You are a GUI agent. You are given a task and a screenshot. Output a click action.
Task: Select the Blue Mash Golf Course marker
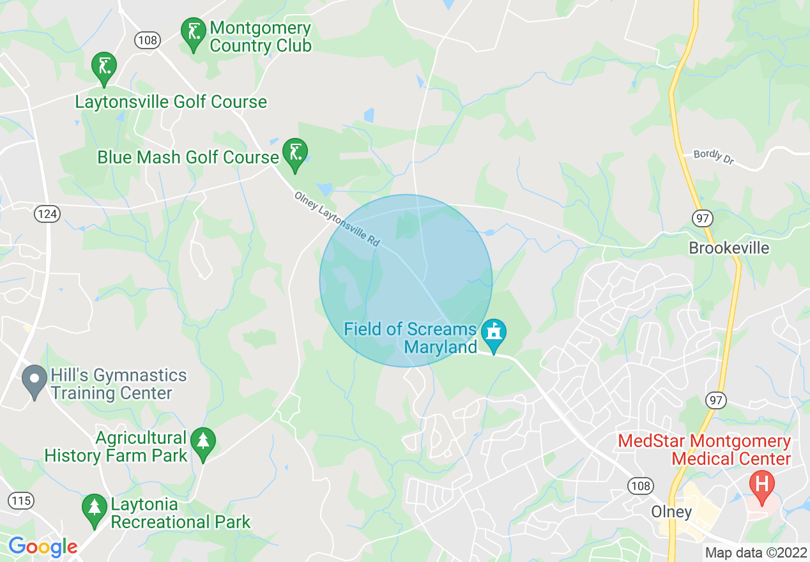click(x=295, y=153)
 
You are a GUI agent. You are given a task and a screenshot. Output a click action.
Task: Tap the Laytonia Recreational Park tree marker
click(x=95, y=508)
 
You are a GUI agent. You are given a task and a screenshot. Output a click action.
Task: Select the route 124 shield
click(x=48, y=214)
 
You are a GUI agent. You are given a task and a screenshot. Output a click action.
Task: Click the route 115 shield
click(x=22, y=500)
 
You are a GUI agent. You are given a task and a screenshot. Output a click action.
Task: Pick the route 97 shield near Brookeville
click(x=701, y=218)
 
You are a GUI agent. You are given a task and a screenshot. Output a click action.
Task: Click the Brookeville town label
click(x=729, y=248)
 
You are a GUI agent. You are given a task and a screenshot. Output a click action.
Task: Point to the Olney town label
click(x=671, y=512)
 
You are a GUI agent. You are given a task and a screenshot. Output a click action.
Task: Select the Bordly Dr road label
click(x=714, y=157)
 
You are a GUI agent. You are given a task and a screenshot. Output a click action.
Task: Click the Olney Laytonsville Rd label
click(x=337, y=219)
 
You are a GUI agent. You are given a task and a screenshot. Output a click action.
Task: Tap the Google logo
click(x=43, y=547)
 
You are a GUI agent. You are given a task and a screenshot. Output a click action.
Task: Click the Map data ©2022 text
click(x=755, y=552)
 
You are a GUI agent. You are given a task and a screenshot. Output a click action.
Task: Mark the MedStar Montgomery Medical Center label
click(x=703, y=450)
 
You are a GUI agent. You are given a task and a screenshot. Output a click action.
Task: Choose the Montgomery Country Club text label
click(x=260, y=37)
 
